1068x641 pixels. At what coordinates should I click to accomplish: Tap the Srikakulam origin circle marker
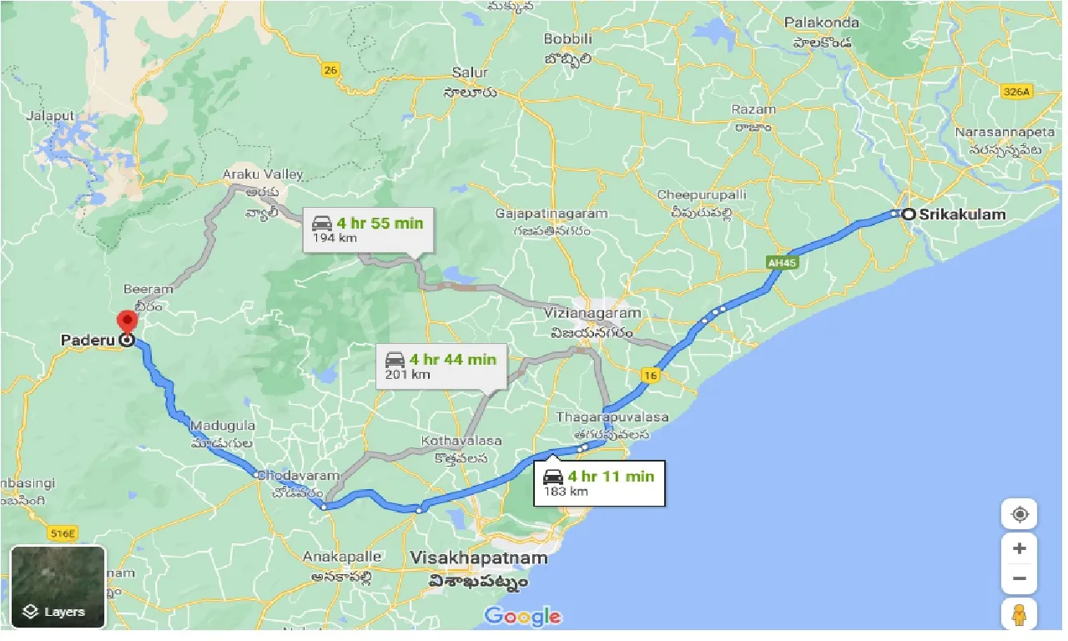(909, 215)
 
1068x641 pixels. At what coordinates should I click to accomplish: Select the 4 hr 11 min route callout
(599, 482)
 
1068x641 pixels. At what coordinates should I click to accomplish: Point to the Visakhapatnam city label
(480, 558)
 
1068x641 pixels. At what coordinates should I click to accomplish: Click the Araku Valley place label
(263, 174)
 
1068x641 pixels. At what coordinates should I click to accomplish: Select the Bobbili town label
(567, 39)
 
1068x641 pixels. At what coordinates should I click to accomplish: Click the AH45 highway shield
(778, 262)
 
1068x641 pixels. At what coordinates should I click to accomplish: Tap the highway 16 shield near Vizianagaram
(650, 376)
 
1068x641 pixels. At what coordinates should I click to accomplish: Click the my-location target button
(1019, 514)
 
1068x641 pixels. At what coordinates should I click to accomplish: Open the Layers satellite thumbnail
(58, 586)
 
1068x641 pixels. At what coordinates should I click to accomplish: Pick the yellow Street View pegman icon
(1019, 614)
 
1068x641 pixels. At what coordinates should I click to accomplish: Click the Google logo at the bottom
(522, 616)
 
